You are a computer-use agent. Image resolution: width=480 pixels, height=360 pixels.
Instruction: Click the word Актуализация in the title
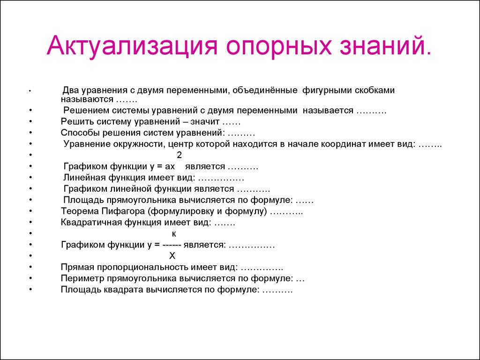(x=131, y=47)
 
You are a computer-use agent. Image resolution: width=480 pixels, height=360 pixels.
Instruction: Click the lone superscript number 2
(x=179, y=155)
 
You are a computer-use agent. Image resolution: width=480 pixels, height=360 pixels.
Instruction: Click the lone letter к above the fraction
(x=174, y=233)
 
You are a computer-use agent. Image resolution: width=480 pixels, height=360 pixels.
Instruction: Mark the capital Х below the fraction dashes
(x=172, y=256)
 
